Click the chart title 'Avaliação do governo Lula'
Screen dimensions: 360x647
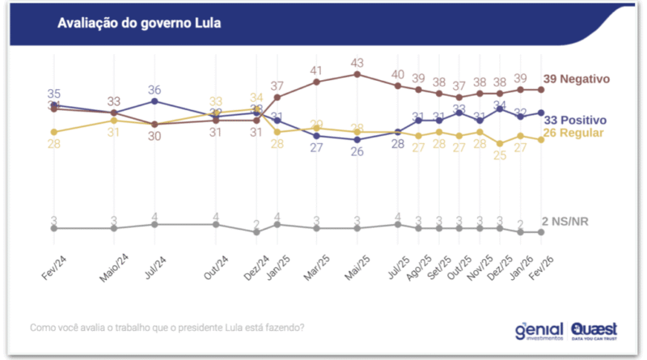coord(139,23)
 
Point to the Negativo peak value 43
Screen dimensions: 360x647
coord(357,62)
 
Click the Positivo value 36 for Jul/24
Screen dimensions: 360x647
coord(155,89)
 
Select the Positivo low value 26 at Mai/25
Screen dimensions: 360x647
coord(357,152)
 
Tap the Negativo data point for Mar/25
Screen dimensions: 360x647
coord(317,82)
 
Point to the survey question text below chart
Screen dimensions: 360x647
coord(167,328)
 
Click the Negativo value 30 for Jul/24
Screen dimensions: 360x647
coord(155,136)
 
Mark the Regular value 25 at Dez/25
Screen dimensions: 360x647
coord(501,155)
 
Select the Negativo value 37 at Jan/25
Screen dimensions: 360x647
coord(277,86)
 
